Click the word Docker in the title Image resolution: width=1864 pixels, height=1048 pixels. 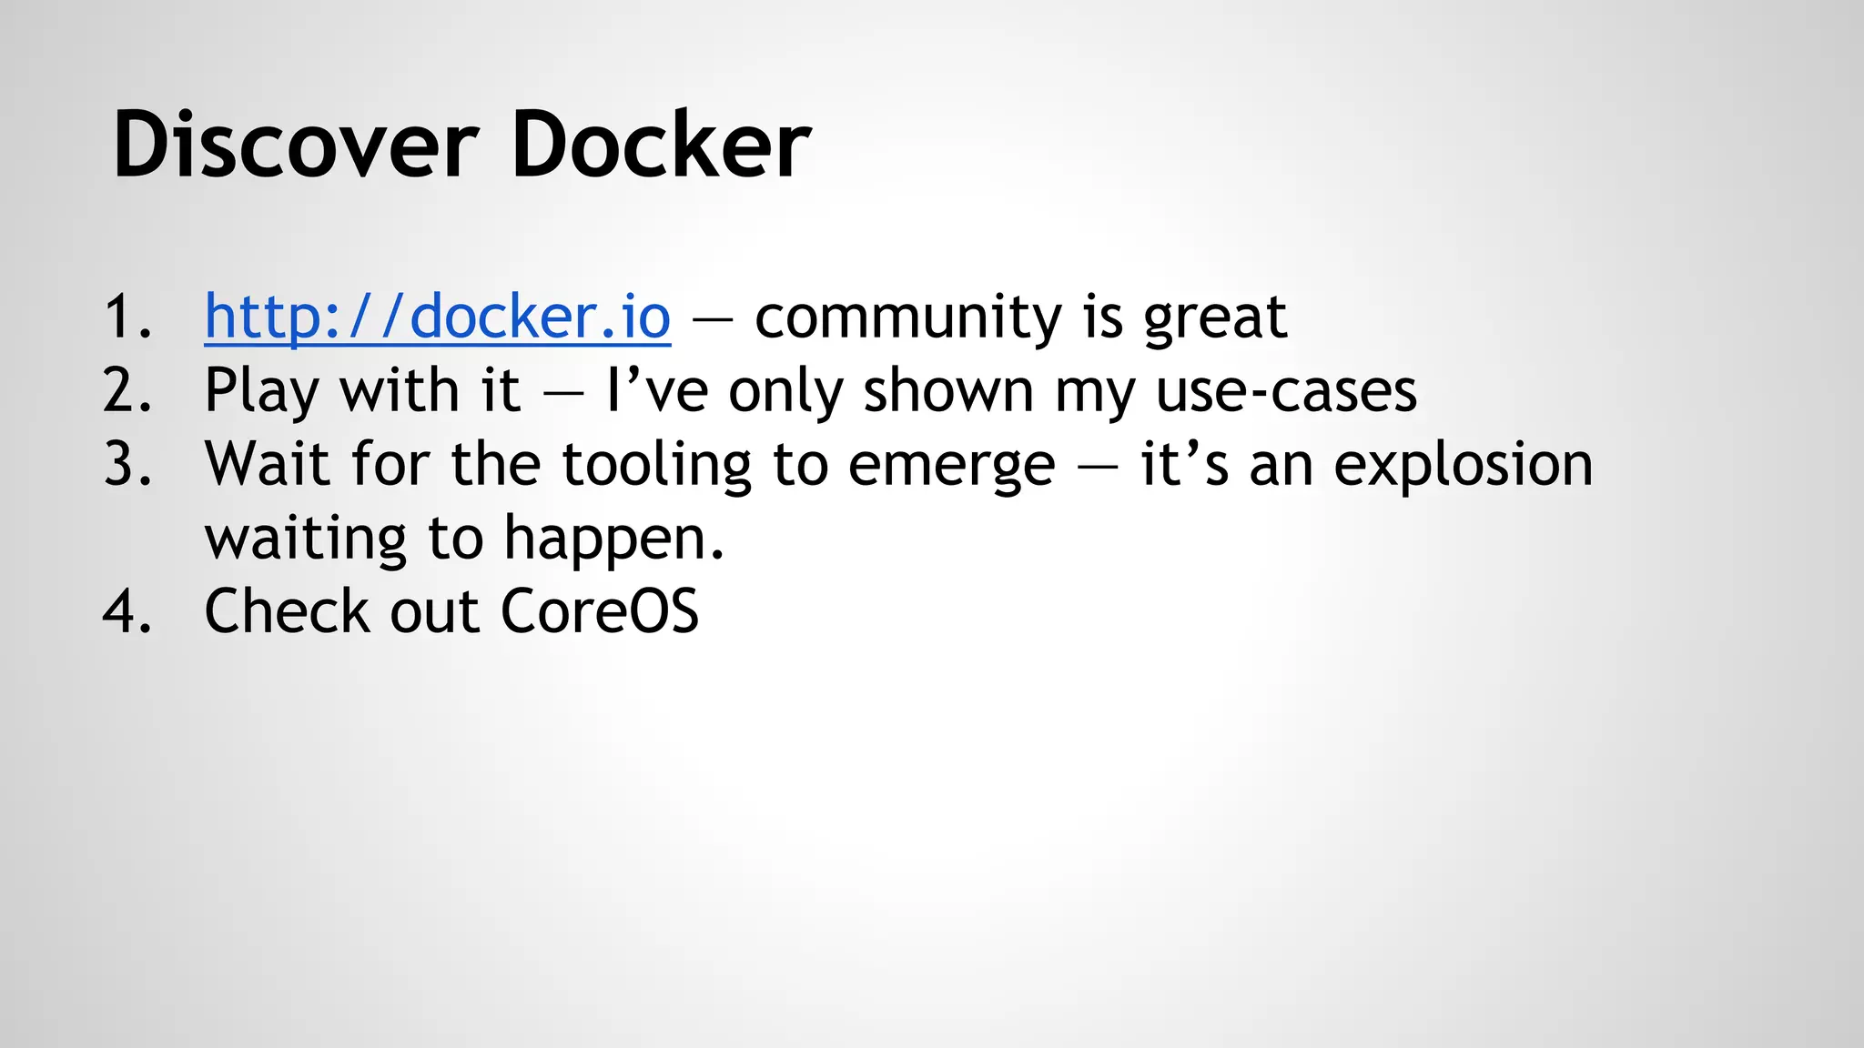(661, 146)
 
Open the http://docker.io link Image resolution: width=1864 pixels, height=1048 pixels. (437, 317)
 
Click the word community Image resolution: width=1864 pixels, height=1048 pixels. (907, 317)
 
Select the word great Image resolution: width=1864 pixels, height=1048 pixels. (1214, 317)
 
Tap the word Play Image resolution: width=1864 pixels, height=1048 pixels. (261, 390)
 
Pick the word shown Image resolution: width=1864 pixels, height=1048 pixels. (947, 390)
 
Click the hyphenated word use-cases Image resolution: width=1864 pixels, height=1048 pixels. (1286, 390)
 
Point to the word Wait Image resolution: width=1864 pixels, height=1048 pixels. (267, 464)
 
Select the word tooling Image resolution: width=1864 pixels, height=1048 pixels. (656, 464)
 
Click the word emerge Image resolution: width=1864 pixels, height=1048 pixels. (951, 464)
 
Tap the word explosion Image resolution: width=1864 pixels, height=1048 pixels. (1464, 464)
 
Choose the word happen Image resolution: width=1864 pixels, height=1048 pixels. (613, 538)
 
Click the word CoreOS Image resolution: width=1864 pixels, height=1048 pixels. (600, 610)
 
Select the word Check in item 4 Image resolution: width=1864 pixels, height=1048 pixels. (287, 610)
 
